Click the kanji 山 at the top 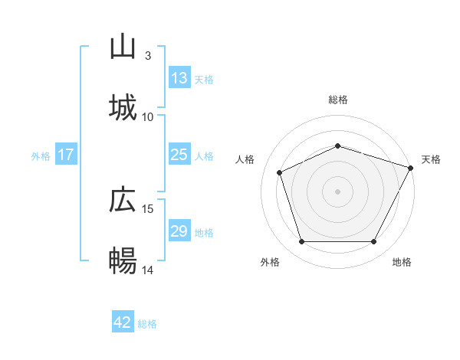tap(123, 47)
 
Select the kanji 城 tap(123, 108)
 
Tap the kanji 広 tap(123, 201)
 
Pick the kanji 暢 tap(123, 261)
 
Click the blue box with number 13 tap(179, 78)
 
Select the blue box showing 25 tap(179, 155)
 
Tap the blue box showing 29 tap(179, 231)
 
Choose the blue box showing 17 tap(66, 155)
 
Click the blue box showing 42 tap(123, 322)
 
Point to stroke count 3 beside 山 tap(148, 56)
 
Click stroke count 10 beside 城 tap(148, 116)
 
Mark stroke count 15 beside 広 tap(148, 208)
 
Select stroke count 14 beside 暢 tap(148, 270)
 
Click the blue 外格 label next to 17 tap(41, 155)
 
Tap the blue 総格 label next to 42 tap(147, 323)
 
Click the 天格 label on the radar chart tap(431, 159)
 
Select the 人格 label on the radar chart tap(245, 159)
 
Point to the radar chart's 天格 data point tap(411, 167)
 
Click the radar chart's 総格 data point tap(338, 145)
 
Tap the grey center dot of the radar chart tap(338, 191)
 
